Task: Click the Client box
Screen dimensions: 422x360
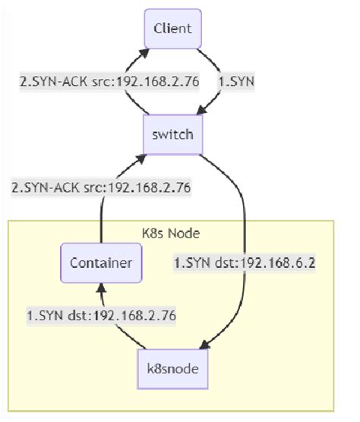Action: pos(172,30)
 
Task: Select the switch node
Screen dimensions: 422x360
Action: pos(172,136)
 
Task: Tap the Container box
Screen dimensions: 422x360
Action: pos(101,263)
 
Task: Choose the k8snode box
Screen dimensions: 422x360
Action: pos(172,369)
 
